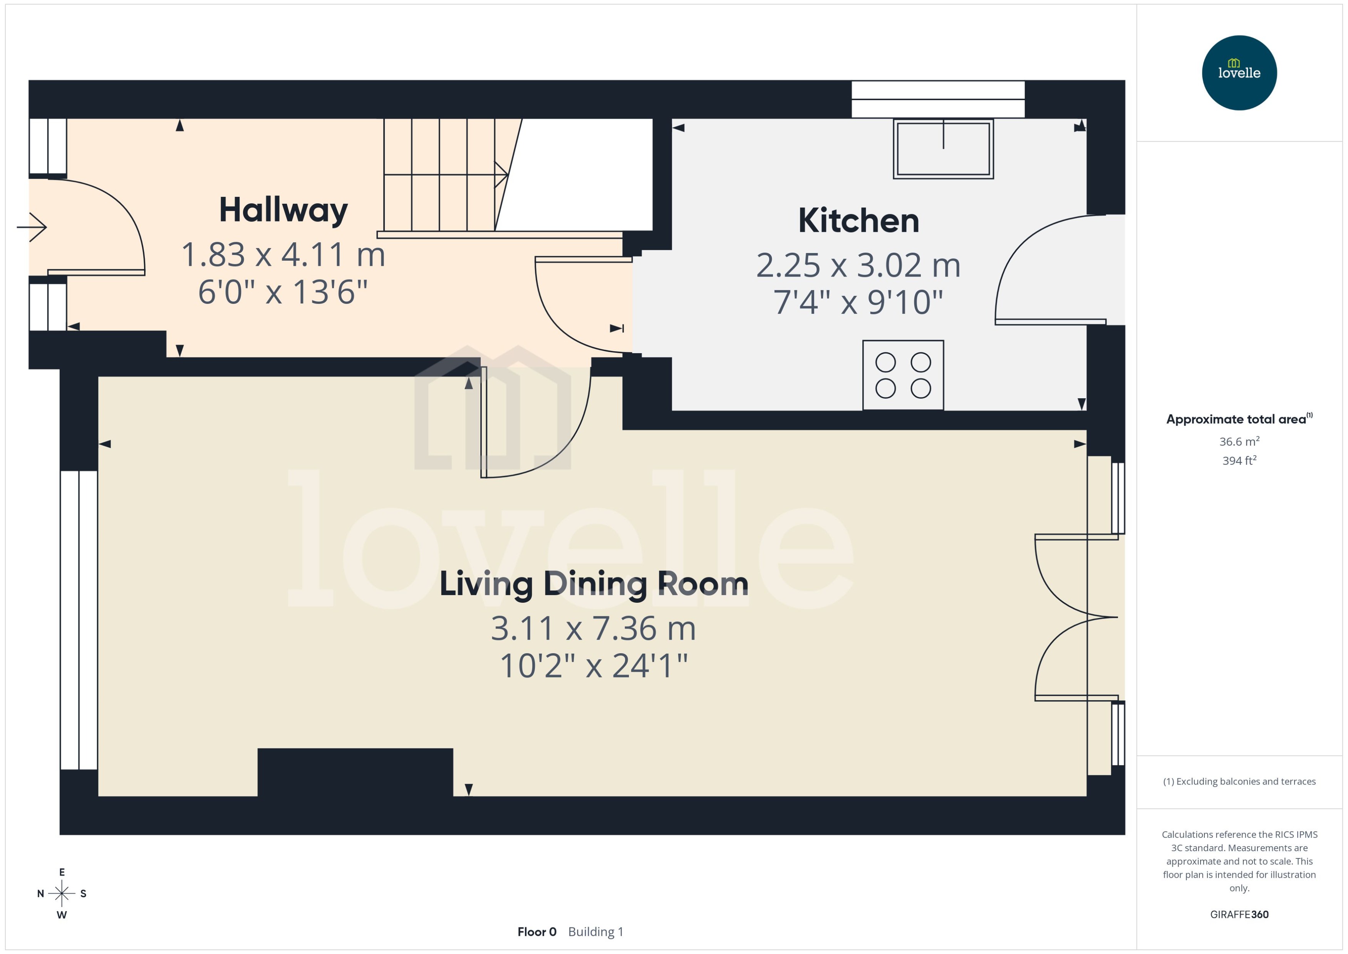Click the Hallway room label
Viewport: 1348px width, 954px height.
(283, 210)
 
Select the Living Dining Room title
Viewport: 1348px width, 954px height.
(594, 584)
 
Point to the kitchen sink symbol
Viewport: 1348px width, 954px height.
(943, 149)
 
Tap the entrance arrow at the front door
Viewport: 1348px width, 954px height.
(32, 227)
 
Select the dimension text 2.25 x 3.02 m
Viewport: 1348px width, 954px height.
(858, 265)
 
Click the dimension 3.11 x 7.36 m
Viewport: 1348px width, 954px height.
(593, 629)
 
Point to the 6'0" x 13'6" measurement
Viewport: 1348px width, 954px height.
(283, 292)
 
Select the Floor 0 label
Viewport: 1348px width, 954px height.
(536, 932)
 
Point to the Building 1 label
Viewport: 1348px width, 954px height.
(595, 932)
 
